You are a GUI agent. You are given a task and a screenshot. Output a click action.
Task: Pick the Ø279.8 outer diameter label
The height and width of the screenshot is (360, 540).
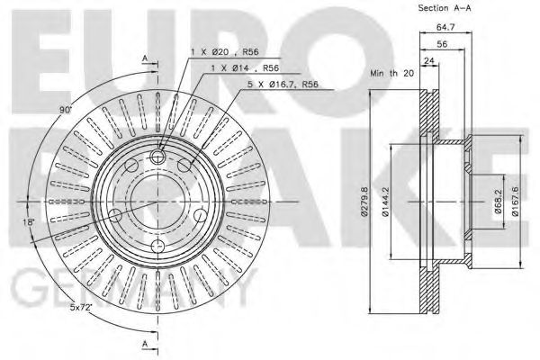pos(364,202)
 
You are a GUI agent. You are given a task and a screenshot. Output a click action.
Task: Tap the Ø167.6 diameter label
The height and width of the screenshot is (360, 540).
pos(515,202)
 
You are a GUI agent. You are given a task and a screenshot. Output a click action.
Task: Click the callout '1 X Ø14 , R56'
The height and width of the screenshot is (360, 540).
pos(238,69)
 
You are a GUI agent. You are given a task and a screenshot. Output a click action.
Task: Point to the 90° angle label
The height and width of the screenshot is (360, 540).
pos(64,111)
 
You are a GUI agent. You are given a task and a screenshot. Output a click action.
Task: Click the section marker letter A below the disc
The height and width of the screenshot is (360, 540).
pos(144,345)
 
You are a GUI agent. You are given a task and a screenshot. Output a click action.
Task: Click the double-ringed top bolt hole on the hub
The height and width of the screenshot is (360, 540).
pos(158,158)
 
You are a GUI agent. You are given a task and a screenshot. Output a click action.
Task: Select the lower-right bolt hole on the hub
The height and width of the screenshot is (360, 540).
pos(200,217)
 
